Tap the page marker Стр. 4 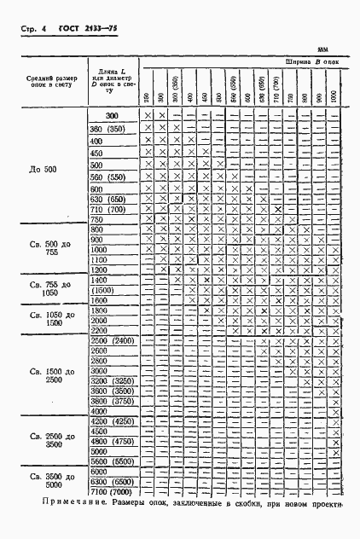click(32, 30)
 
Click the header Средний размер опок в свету click(52, 84)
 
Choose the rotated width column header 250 click(148, 98)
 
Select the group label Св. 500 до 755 click(53, 246)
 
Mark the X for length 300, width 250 click(148, 116)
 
